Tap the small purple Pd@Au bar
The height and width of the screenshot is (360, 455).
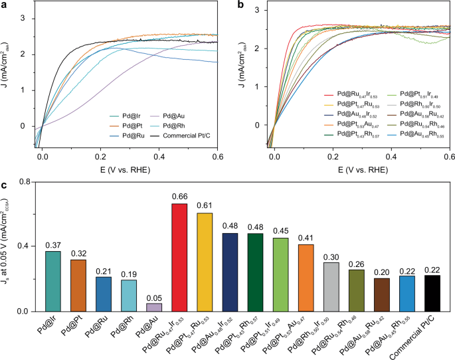coord(154,308)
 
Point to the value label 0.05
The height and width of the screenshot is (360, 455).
coord(154,296)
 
